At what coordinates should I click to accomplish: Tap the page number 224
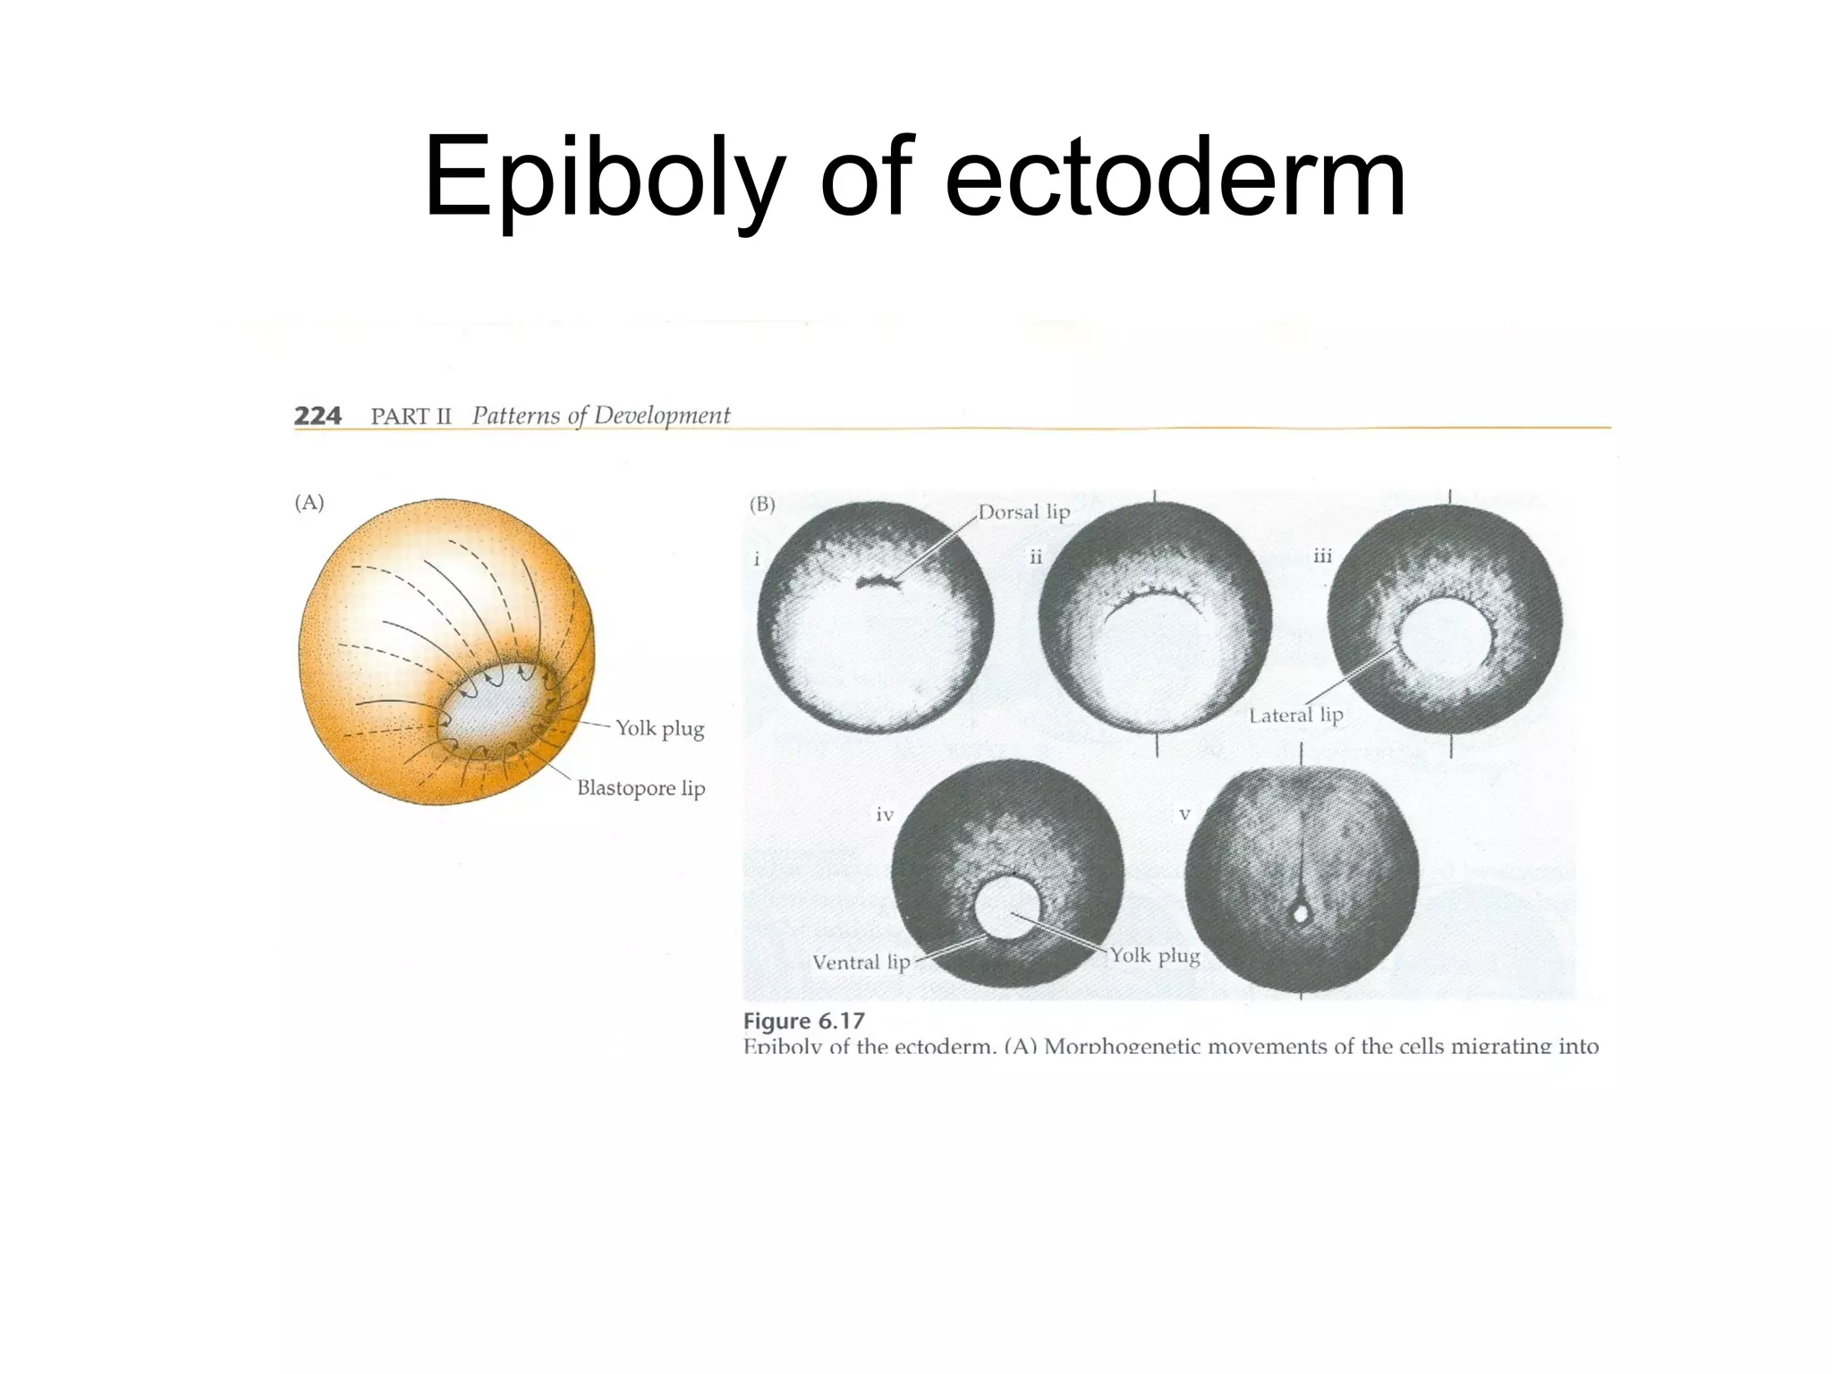click(318, 416)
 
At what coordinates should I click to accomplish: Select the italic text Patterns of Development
click(600, 416)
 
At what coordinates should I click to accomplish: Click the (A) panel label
click(310, 503)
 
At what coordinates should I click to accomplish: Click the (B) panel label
click(762, 505)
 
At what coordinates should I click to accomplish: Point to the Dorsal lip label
click(1023, 513)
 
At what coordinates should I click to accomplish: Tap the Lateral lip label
click(1296, 716)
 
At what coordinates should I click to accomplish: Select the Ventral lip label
click(861, 963)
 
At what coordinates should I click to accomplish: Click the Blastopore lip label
click(640, 788)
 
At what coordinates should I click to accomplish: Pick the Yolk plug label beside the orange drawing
click(659, 729)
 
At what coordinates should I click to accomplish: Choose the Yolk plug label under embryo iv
click(1155, 955)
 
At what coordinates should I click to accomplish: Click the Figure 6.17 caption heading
click(804, 1022)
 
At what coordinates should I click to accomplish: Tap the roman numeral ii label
click(1036, 557)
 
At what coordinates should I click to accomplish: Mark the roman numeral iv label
click(885, 815)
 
